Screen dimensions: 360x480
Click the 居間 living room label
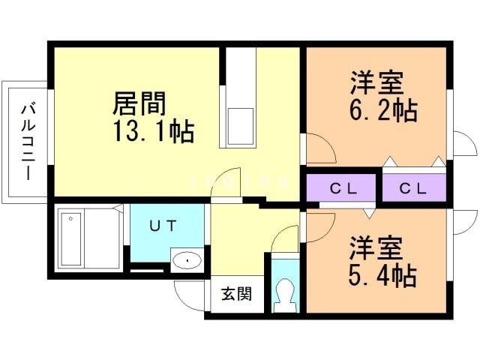(139, 103)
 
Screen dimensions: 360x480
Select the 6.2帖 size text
(382, 111)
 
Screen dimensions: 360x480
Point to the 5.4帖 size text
(382, 275)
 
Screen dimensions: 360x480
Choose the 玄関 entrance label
(235, 294)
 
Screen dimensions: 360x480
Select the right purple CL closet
(413, 188)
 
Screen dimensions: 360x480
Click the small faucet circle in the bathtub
(70, 218)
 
